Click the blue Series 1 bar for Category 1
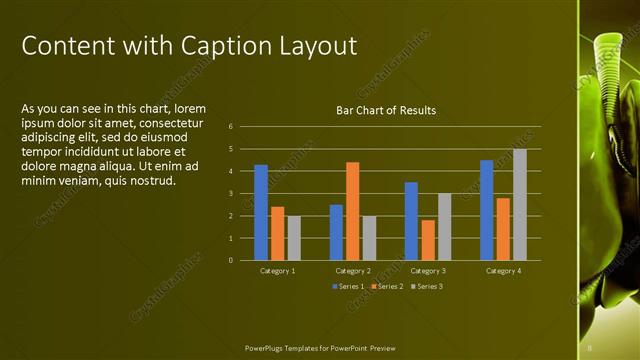pyautogui.click(x=261, y=212)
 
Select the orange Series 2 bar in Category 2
pyautogui.click(x=352, y=211)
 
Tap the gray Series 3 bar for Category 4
pyautogui.click(x=519, y=205)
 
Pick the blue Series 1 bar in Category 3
pyautogui.click(x=411, y=221)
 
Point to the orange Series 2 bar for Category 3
pyautogui.click(x=428, y=240)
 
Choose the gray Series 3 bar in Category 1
pyautogui.click(x=294, y=238)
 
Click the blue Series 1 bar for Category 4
pyautogui.click(x=486, y=210)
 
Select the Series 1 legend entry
pyautogui.click(x=348, y=287)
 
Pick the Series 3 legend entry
pyautogui.click(x=427, y=287)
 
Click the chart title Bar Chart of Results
pyautogui.click(x=385, y=110)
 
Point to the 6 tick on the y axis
pyautogui.click(x=231, y=127)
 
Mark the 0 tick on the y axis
pyautogui.click(x=231, y=260)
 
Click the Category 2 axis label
pyautogui.click(x=353, y=271)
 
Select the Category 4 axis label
pyautogui.click(x=502, y=271)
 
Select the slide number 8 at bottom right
pyautogui.click(x=590, y=348)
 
